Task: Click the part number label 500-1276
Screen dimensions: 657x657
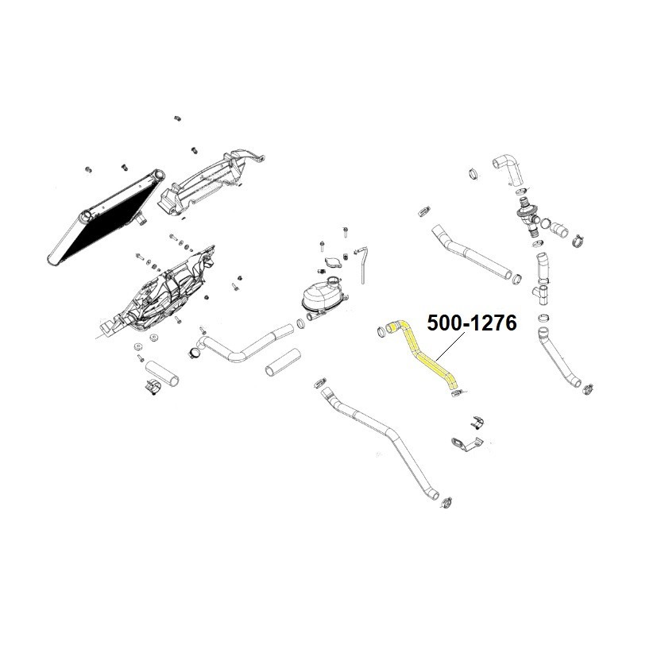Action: coord(472,323)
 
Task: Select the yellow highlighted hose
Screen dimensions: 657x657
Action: coord(421,354)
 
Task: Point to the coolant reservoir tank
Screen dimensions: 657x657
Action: coord(321,299)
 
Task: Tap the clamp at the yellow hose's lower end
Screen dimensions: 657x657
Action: coord(456,394)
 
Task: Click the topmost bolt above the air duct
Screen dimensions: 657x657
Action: coord(177,118)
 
